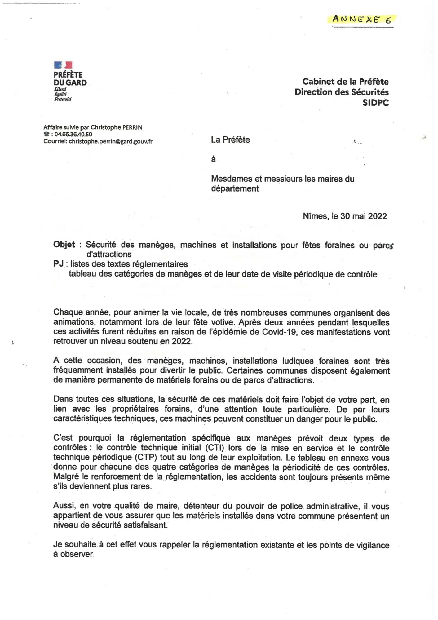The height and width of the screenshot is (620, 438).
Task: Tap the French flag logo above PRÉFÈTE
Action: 63,65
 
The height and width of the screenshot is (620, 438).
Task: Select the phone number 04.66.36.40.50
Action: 73,134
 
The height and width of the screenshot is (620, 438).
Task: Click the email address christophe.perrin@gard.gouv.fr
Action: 110,141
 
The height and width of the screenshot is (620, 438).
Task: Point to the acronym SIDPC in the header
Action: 376,103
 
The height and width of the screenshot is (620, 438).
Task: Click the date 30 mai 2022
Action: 364,216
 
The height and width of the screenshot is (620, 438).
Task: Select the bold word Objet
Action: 64,245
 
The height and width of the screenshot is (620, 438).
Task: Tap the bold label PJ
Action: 59,264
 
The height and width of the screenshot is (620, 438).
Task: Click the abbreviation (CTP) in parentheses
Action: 146,458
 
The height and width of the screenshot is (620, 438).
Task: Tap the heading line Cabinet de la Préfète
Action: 345,82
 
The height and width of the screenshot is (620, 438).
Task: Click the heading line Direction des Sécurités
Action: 342,92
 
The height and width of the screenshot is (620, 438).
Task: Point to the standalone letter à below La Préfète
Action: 213,159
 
